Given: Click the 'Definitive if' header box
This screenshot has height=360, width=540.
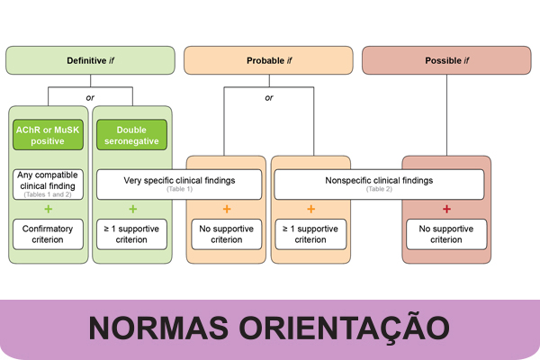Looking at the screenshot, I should point(91,60).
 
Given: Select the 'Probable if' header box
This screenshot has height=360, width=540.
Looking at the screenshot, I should point(268,60).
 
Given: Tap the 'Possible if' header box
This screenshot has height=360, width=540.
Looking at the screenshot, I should point(446,60).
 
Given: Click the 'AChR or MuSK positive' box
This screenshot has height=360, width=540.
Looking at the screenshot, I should point(48,135).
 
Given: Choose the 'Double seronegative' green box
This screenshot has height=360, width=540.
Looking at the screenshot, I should point(131,135).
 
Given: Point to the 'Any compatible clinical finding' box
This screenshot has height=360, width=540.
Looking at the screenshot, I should point(48,184).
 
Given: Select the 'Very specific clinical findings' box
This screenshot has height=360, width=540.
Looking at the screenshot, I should point(179,184).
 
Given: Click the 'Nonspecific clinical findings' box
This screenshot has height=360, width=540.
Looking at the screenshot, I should point(378,184).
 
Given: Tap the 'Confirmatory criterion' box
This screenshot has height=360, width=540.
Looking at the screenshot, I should point(48,234).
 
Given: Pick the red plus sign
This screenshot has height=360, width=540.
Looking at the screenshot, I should point(446,210).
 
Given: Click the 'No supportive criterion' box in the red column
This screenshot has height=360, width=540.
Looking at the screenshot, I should point(446,234).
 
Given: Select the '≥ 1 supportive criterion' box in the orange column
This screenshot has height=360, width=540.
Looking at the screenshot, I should point(310,234).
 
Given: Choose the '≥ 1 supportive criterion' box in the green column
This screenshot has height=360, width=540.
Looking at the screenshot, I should point(131,234).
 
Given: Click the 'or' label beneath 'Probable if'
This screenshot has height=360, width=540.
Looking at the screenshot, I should point(268,97).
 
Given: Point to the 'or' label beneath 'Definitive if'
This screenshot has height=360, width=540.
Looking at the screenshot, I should point(91,97).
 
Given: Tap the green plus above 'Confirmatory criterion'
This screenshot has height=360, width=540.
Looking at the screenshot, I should point(48,210).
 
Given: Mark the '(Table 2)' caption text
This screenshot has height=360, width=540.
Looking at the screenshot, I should point(378,190).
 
